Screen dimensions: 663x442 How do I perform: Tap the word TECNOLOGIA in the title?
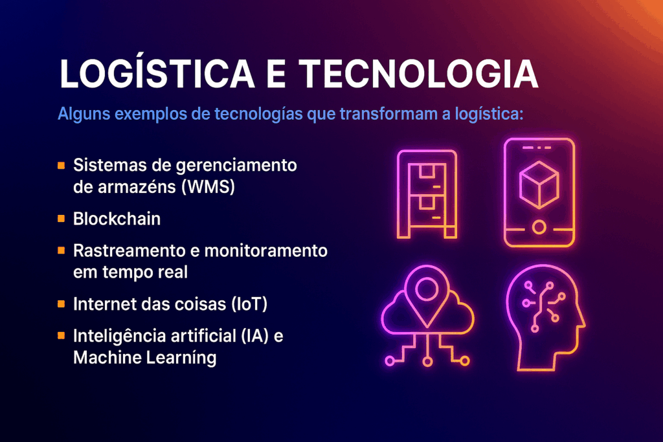point(419,74)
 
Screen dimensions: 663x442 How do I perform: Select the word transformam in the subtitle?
point(389,114)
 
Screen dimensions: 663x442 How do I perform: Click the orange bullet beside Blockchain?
point(62,219)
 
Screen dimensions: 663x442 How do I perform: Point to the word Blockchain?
point(117,219)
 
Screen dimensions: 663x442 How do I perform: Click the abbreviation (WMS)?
point(208,187)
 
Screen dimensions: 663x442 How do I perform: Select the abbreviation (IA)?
point(255,337)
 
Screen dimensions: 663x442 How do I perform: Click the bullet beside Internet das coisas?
point(62,304)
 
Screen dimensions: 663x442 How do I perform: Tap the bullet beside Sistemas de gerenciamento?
point(62,165)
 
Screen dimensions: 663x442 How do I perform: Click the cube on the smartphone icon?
point(539,184)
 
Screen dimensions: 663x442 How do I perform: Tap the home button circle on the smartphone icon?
point(539,227)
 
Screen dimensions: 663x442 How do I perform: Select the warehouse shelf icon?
point(427,194)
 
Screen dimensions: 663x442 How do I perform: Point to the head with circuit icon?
point(545,318)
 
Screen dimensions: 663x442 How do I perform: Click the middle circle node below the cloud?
point(427,362)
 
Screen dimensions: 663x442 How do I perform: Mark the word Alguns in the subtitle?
point(84,114)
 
